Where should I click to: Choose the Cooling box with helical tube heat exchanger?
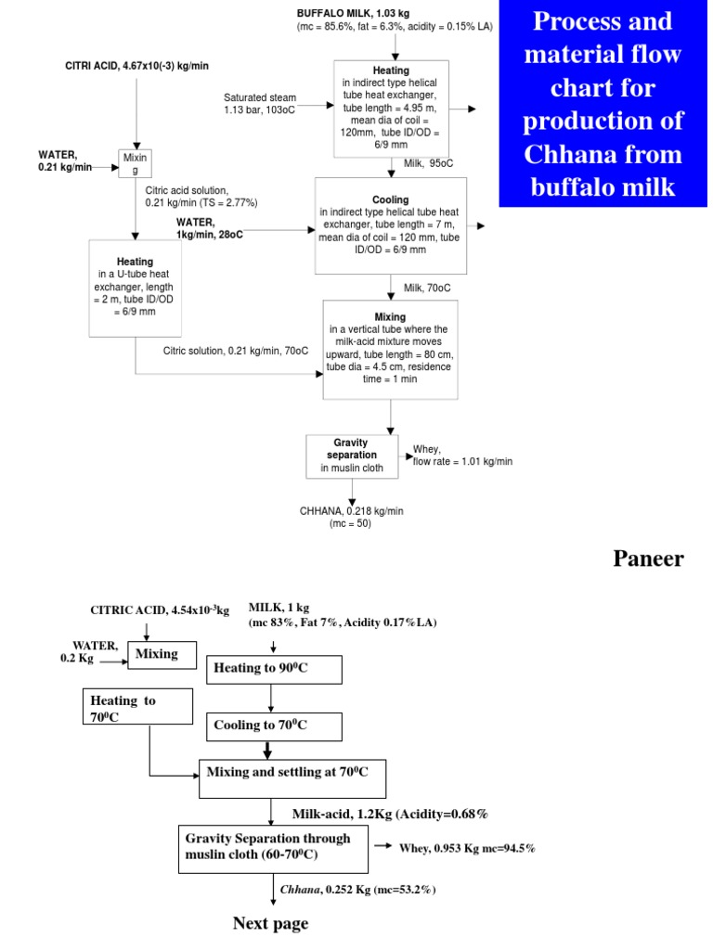click(x=390, y=225)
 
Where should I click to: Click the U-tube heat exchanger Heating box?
click(x=136, y=288)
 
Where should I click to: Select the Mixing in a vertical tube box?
click(x=390, y=348)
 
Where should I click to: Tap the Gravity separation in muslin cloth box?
click(x=357, y=455)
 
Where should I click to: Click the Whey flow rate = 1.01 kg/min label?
click(x=461, y=456)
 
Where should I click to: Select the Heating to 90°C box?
click(x=274, y=668)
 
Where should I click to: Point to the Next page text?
click(x=269, y=923)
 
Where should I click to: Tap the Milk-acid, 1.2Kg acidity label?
click(x=390, y=814)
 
